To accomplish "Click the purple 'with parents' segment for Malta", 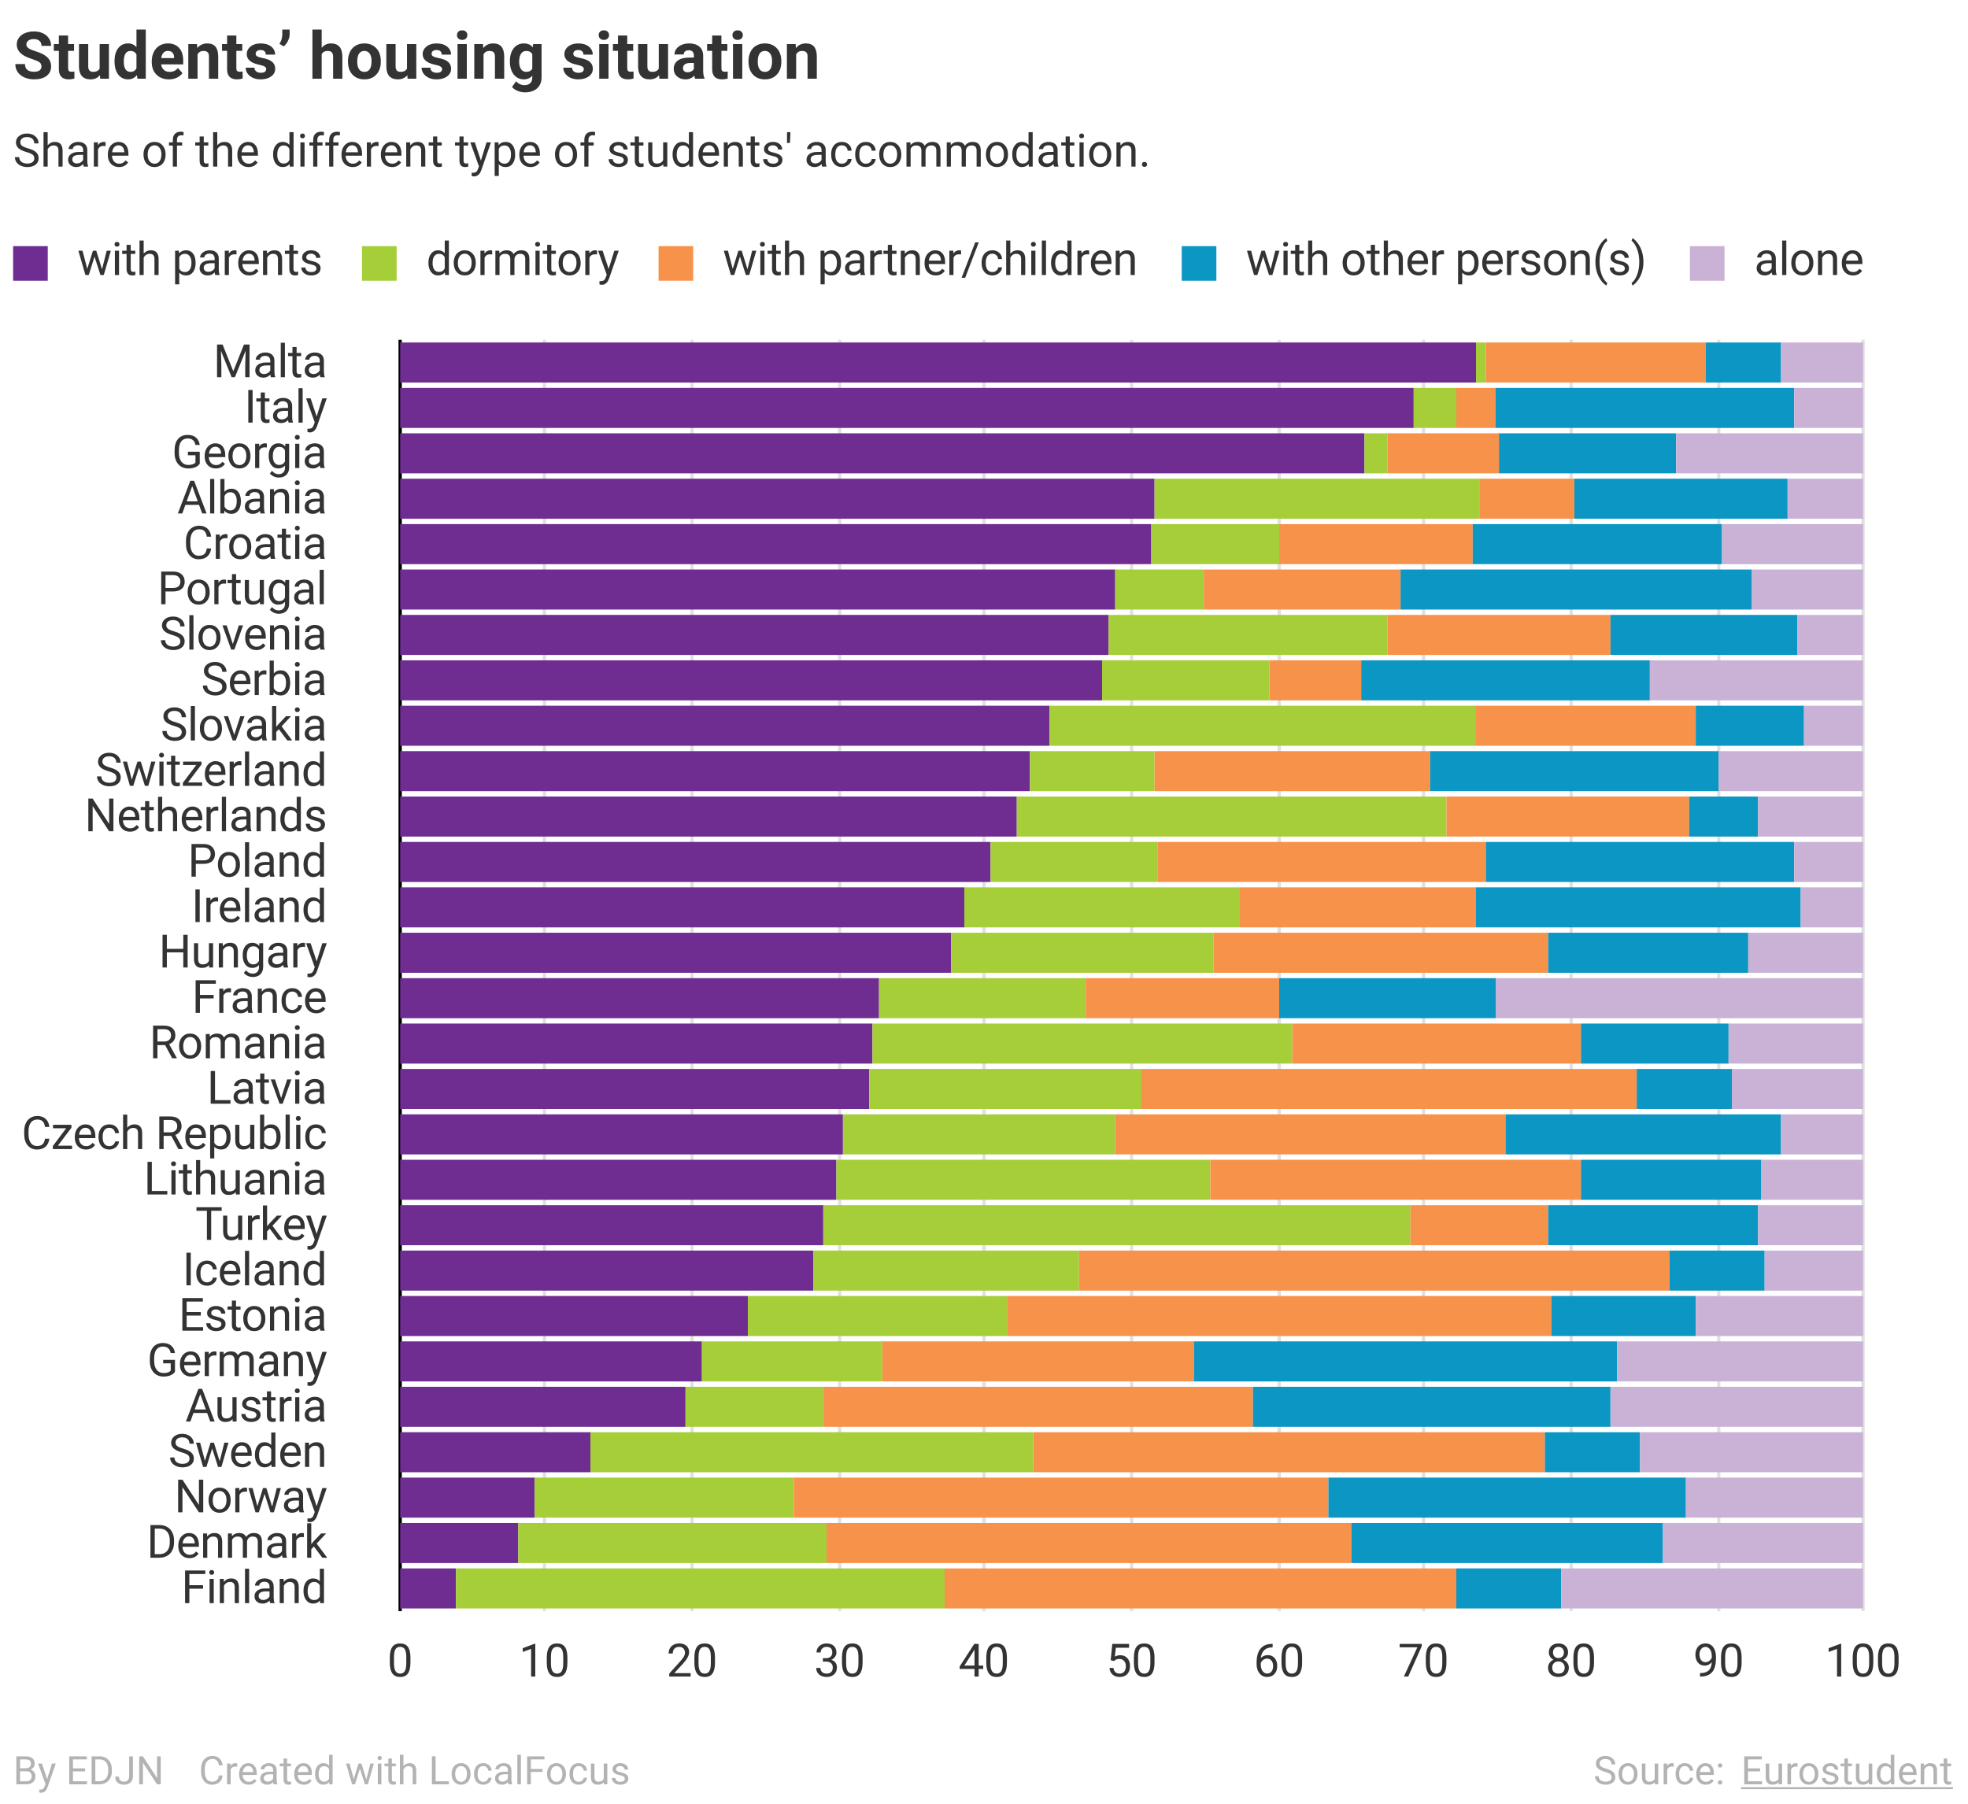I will pyautogui.click(x=937, y=362).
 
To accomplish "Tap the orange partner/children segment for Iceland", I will pyautogui.click(x=1374, y=1270).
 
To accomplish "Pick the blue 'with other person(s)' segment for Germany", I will pyautogui.click(x=1404, y=1361).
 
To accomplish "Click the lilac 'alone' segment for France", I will pyautogui.click(x=1678, y=998).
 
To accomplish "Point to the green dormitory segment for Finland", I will pyautogui.click(x=700, y=1588).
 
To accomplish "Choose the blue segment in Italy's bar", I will pyautogui.click(x=1644, y=408).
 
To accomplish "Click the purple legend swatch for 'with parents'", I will pyautogui.click(x=30, y=263).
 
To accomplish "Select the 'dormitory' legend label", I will pyautogui.click(x=522, y=261).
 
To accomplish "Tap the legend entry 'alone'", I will pyautogui.click(x=1808, y=261).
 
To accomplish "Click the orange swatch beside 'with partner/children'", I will pyautogui.click(x=675, y=263).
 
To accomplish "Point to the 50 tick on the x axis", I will pyautogui.click(x=1131, y=1661).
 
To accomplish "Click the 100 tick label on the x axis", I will pyautogui.click(x=1863, y=1661).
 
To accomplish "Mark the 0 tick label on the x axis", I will pyautogui.click(x=399, y=1661).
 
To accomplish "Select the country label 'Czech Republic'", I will pyautogui.click(x=174, y=1134).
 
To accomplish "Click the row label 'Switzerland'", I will pyautogui.click(x=210, y=771).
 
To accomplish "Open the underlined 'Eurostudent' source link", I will pyautogui.click(x=1846, y=1771).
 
